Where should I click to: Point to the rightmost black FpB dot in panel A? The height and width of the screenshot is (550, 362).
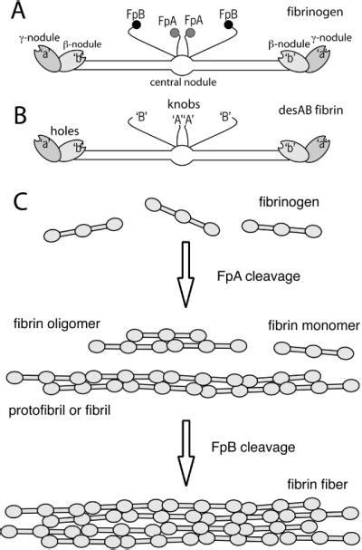(232, 26)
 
